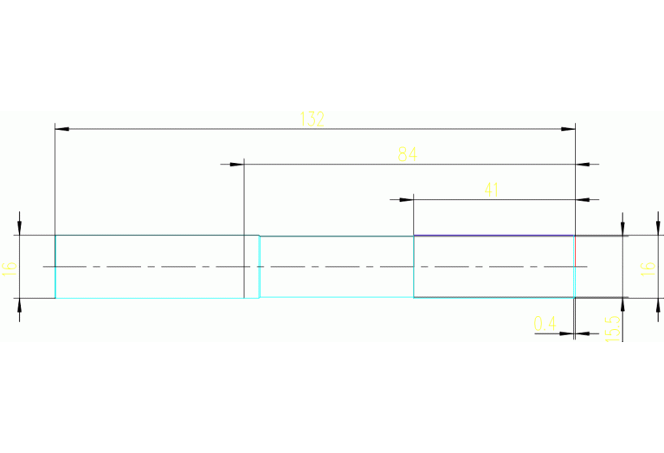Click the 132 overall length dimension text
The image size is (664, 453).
(x=312, y=120)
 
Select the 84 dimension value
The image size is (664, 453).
(x=407, y=155)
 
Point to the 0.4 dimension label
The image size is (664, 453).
(x=545, y=324)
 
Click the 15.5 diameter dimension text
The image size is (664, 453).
(x=612, y=328)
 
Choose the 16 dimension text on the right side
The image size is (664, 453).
(x=646, y=268)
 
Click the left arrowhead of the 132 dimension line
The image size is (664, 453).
(x=61, y=129)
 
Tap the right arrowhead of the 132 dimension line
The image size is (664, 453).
(x=568, y=129)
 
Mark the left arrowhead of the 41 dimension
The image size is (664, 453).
(x=406, y=199)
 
